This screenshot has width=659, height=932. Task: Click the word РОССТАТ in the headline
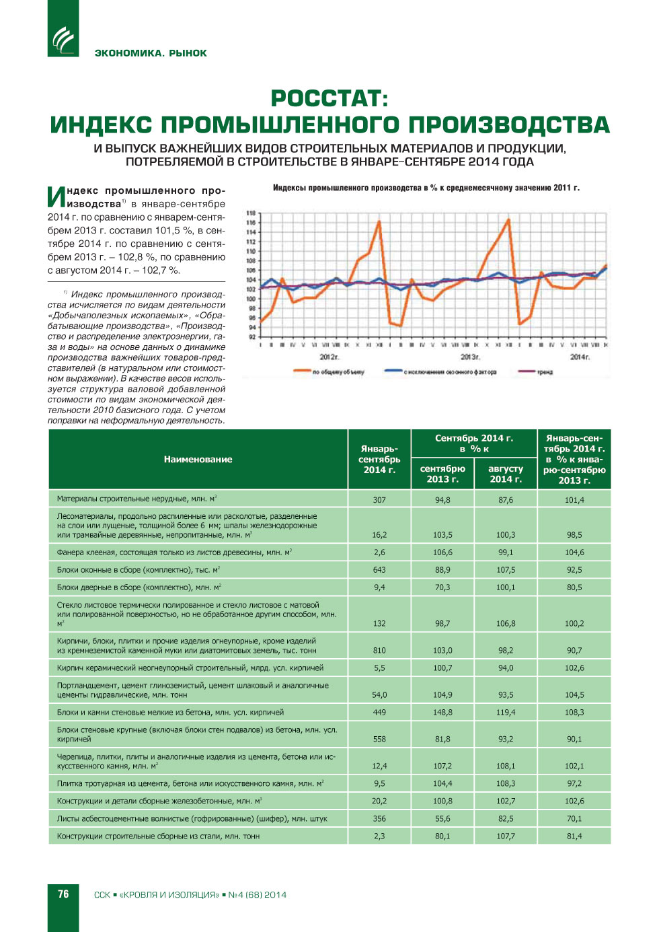pos(329,99)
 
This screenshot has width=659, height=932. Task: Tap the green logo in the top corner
pos(63,39)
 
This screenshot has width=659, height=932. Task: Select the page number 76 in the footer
pos(63,894)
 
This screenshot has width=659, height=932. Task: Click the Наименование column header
pos(198,459)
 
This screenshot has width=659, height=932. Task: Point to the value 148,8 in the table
pos(442,712)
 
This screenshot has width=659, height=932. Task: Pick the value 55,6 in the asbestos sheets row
pos(442,818)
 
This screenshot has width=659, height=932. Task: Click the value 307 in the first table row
pos(379,500)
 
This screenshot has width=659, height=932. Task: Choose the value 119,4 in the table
pos(506,712)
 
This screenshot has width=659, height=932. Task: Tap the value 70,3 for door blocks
pos(442,587)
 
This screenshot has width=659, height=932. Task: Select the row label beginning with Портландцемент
pos(192,690)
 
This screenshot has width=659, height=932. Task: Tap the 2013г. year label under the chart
pos(469,357)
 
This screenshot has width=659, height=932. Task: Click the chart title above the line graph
pos(426,188)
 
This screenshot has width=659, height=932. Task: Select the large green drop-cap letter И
pos(56,196)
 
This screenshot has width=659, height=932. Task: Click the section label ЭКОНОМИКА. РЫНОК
pos(151,53)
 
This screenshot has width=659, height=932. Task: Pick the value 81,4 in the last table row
pos(574,836)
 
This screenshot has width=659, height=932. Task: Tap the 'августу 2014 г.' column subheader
pos(506,474)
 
